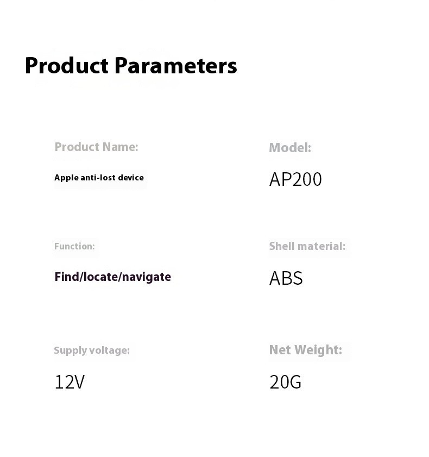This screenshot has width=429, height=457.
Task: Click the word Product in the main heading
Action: coord(67,66)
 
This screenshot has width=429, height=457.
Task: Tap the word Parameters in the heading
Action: coord(175,66)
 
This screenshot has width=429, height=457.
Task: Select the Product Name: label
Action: coord(97,147)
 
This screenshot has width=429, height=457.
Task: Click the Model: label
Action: coord(290,148)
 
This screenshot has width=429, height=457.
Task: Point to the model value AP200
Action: coord(295,179)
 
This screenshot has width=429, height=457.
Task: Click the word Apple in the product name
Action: coord(66,178)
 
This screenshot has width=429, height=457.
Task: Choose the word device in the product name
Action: coord(131,178)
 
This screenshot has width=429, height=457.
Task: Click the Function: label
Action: coord(74,246)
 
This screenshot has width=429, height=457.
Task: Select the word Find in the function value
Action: coord(67,277)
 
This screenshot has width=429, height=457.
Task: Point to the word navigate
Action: coord(147,277)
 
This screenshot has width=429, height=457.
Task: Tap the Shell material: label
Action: coord(307,246)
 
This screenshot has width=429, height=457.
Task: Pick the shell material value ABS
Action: coord(286,278)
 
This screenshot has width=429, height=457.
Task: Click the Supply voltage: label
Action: coord(92,350)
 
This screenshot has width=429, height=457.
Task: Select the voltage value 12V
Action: coord(70,382)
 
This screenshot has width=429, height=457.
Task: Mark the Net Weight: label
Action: coord(306,350)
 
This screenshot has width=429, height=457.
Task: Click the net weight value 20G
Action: coord(286,382)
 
